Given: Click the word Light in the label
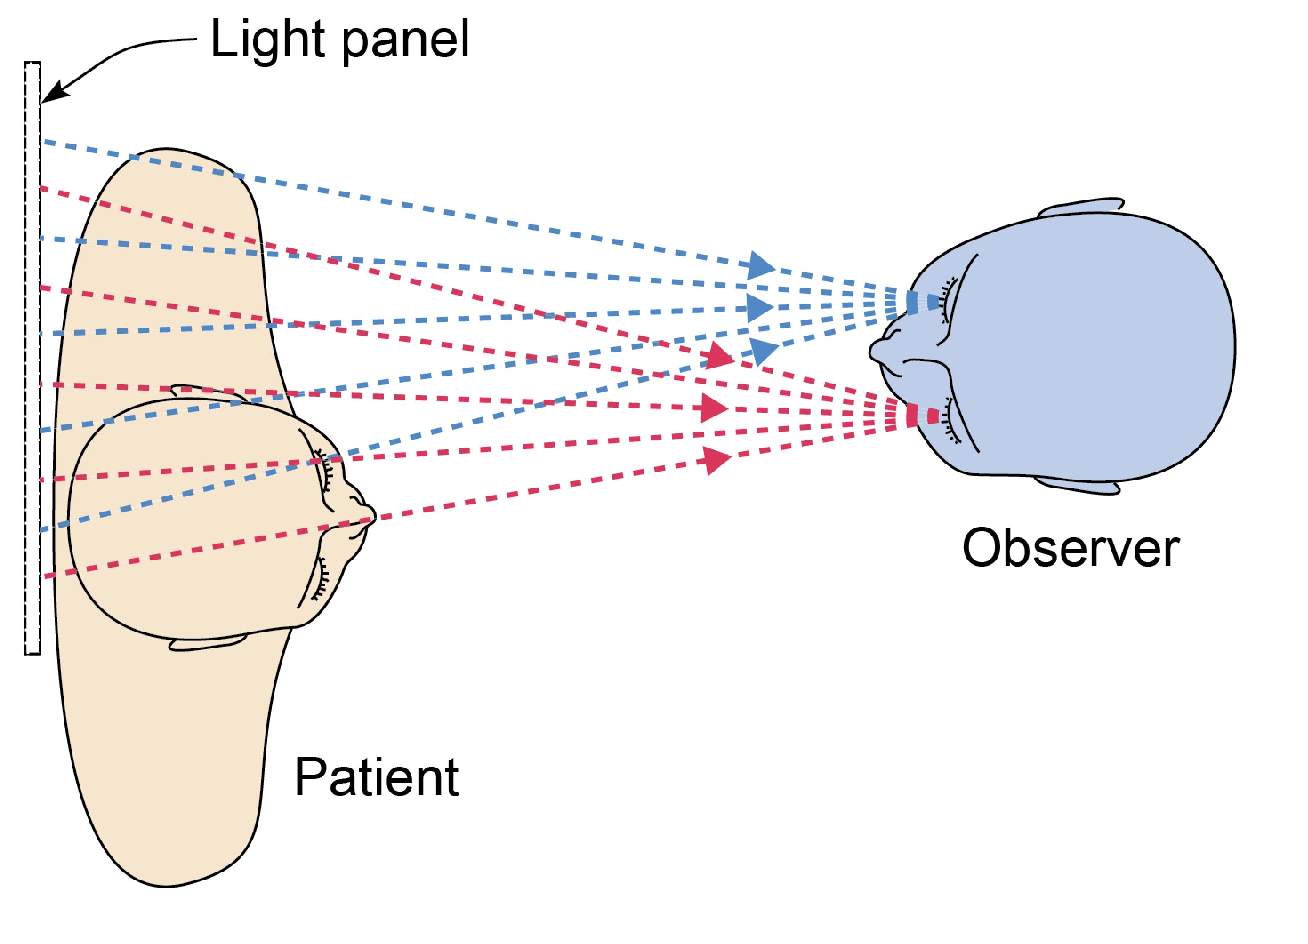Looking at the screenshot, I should [x=267, y=40].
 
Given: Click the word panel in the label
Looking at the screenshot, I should [x=406, y=41].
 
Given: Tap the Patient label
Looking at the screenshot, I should [x=377, y=778].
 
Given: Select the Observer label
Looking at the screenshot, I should [x=1071, y=548].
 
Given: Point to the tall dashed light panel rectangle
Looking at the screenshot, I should [x=32, y=357].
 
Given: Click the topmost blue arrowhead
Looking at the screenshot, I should [x=760, y=266].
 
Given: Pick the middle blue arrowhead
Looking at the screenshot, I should [x=759, y=307].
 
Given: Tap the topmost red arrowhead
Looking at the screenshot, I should [x=719, y=356].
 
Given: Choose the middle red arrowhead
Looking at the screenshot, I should [x=714, y=408].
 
